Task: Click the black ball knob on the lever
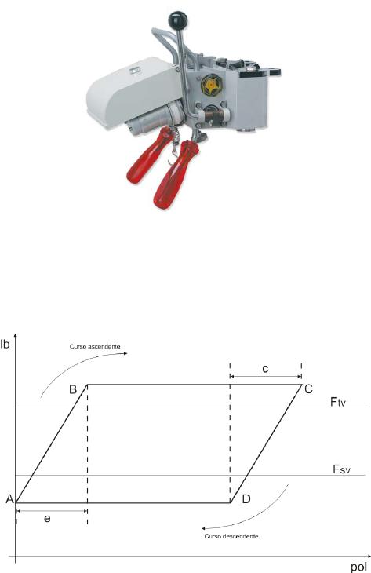click(177, 20)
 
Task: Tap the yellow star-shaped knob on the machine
click(209, 85)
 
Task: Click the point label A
click(10, 498)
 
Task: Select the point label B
click(73, 389)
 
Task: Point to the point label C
click(308, 389)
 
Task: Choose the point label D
click(246, 498)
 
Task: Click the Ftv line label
click(338, 402)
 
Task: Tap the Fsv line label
click(341, 469)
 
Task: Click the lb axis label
click(5, 344)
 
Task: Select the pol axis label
click(358, 568)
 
